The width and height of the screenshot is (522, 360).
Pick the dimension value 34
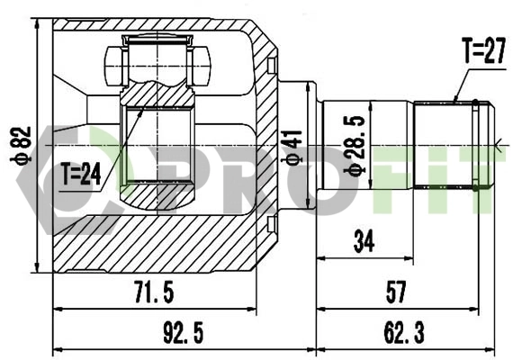pos(364,240)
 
